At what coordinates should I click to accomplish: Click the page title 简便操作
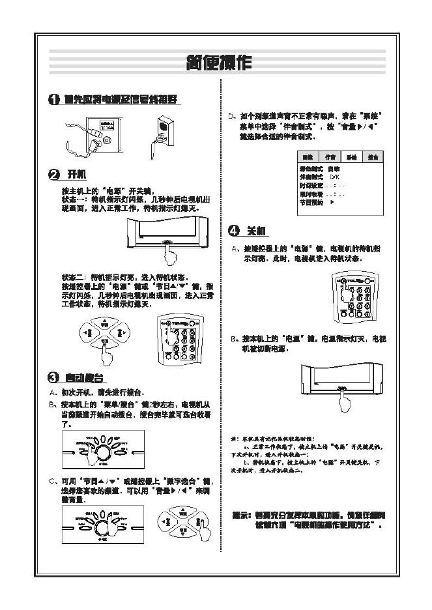(x=218, y=63)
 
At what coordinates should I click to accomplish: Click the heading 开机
(x=77, y=174)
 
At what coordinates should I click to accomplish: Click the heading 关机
(x=255, y=231)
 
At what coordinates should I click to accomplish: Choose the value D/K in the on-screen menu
(x=334, y=177)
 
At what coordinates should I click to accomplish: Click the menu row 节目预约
(x=311, y=203)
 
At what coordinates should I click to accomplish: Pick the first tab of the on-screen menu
(x=309, y=157)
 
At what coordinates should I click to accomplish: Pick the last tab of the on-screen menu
(x=372, y=157)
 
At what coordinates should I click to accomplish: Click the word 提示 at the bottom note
(x=241, y=515)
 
